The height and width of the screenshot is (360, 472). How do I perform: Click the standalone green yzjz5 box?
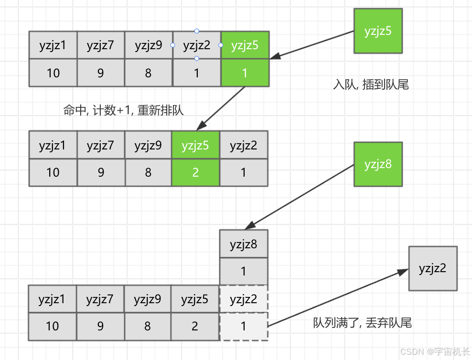[x=378, y=31]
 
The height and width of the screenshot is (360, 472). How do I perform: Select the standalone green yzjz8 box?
[x=378, y=164]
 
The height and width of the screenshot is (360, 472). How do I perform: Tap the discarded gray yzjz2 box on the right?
[x=433, y=268]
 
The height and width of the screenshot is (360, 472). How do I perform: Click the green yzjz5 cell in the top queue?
[x=245, y=45]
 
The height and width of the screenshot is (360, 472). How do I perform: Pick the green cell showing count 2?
[x=195, y=172]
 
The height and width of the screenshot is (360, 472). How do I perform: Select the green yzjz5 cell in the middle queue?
[x=195, y=145]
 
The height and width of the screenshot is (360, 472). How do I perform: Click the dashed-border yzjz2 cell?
[x=244, y=299]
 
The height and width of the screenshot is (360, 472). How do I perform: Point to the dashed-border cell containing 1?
[x=244, y=326]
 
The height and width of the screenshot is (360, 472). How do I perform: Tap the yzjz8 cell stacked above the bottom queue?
[x=244, y=244]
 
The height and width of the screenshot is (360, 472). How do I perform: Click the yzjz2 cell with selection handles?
[x=197, y=45]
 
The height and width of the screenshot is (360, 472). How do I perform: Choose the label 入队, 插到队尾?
[x=371, y=85]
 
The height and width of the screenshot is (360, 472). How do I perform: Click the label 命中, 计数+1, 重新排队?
[x=123, y=110]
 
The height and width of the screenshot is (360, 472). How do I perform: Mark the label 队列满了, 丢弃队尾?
[x=362, y=323]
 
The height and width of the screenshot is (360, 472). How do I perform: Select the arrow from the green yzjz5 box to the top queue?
[x=313, y=45]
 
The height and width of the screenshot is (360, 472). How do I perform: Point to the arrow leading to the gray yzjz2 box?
[x=337, y=298]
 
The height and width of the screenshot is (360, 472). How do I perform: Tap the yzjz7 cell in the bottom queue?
[x=100, y=299]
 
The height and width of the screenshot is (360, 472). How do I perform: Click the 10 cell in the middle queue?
[x=53, y=172]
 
